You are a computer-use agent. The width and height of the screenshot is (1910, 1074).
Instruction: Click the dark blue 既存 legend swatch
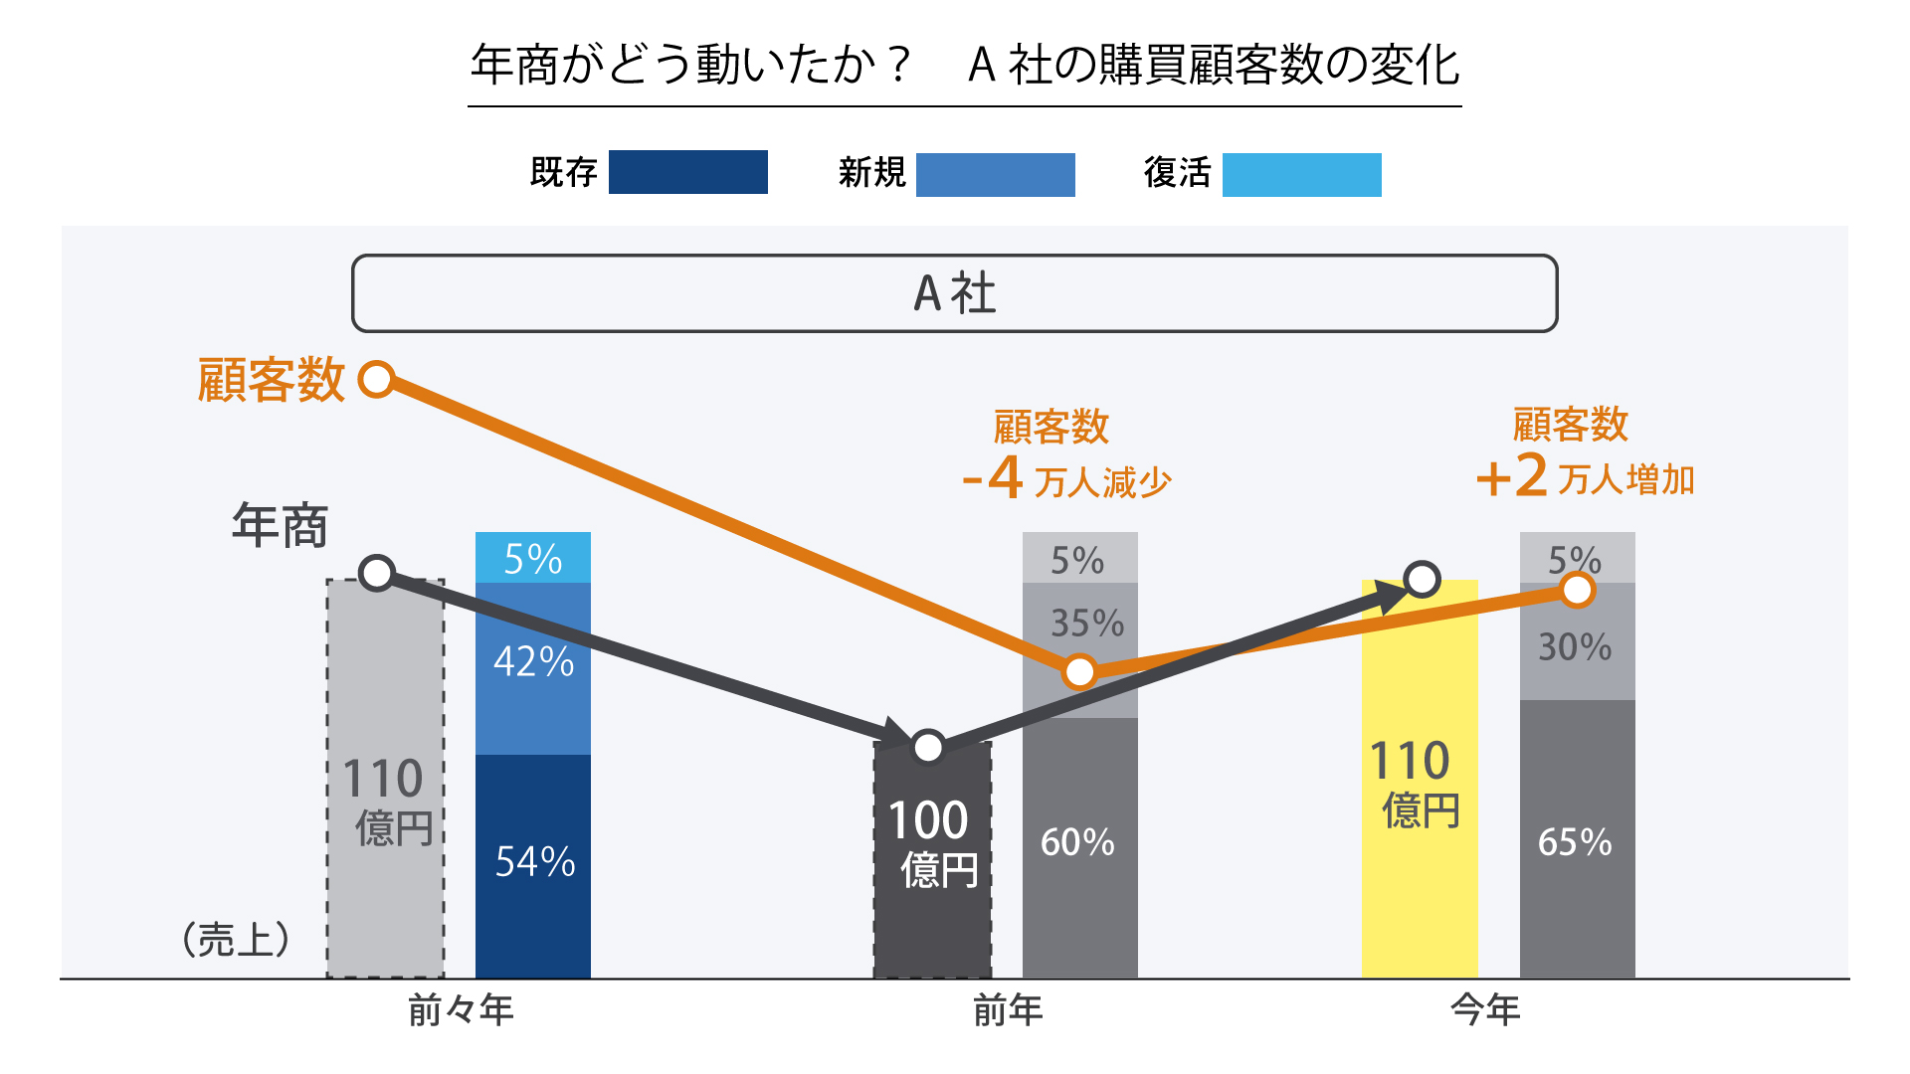(687, 172)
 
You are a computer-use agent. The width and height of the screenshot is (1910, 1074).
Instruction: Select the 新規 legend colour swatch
(995, 174)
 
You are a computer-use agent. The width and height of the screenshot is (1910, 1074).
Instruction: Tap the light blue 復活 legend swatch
(1301, 174)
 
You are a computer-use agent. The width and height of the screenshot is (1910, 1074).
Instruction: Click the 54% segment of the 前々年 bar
(533, 862)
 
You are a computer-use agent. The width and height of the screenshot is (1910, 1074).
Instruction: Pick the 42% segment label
(533, 662)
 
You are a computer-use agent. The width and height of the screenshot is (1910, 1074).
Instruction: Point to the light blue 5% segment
(533, 558)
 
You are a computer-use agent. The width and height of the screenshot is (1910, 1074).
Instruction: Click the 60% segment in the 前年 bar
(1078, 842)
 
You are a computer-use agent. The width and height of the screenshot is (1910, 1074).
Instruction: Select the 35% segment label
(1087, 624)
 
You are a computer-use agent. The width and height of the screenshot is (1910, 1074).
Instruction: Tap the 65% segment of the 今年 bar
(1576, 842)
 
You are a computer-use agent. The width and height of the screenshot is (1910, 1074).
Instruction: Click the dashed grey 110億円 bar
(385, 796)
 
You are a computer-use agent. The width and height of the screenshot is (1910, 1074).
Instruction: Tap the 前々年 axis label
(461, 1011)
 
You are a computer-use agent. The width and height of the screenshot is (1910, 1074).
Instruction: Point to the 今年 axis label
(1485, 1011)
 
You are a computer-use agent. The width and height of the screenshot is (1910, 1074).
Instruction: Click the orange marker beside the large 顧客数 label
(377, 379)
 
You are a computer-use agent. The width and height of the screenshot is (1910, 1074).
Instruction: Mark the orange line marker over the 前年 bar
(1079, 672)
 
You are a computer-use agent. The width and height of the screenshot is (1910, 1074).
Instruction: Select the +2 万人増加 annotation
(1585, 477)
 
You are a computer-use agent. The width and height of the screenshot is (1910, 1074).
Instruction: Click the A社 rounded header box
(954, 293)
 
